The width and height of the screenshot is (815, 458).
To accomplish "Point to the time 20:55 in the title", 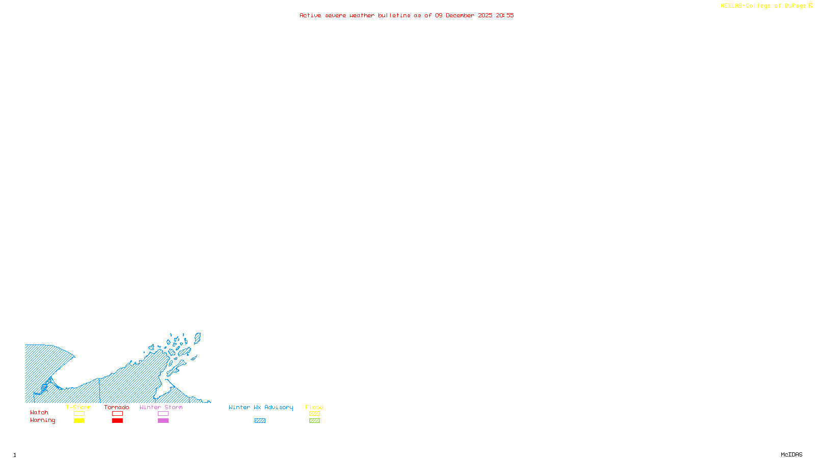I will pyautogui.click(x=505, y=16).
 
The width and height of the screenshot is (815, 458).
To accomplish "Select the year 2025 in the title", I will pyautogui.click(x=485, y=16).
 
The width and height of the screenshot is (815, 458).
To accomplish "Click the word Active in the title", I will pyautogui.click(x=310, y=16).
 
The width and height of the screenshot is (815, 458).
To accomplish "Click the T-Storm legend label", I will pyautogui.click(x=78, y=407).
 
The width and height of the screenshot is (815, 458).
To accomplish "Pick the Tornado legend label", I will pyautogui.click(x=117, y=407).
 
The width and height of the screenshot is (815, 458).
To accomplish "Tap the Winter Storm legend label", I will pyautogui.click(x=161, y=407).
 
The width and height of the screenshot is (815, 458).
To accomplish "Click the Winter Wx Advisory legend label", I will pyautogui.click(x=261, y=407).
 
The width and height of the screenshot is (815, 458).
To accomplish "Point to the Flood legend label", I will pyautogui.click(x=314, y=407).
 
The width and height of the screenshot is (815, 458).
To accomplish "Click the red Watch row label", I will pyautogui.click(x=39, y=413).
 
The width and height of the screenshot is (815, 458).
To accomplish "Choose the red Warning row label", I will pyautogui.click(x=43, y=420).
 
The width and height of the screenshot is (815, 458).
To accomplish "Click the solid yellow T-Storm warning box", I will pyautogui.click(x=79, y=421).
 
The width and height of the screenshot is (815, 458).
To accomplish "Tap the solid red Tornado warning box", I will pyautogui.click(x=118, y=421).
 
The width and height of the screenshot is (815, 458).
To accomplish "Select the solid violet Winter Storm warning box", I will pyautogui.click(x=163, y=421).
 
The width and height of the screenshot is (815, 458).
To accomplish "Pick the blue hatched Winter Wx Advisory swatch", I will pyautogui.click(x=260, y=421).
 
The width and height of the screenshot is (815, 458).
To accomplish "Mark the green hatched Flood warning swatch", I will pyautogui.click(x=315, y=421).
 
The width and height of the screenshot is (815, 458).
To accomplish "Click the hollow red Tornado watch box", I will pyautogui.click(x=118, y=414).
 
